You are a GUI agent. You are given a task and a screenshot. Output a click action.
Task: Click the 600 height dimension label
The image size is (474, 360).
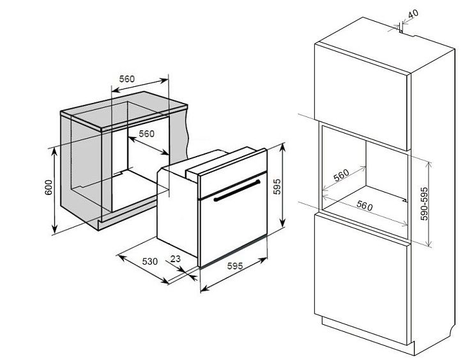[x=49, y=187]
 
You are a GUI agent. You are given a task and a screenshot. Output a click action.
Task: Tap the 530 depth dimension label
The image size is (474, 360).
[x=150, y=261]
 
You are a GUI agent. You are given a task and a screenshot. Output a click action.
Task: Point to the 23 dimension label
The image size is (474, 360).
[x=175, y=259]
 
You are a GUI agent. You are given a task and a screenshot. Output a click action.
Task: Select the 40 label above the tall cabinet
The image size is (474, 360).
[x=413, y=13]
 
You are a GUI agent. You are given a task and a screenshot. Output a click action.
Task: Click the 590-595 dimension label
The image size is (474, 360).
[x=424, y=203]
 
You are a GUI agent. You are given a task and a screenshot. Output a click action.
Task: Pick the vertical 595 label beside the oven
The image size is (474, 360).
[x=277, y=186]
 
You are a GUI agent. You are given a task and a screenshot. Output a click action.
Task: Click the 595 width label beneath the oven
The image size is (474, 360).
[x=235, y=265]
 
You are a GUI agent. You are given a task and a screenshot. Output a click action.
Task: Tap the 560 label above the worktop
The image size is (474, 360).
[x=126, y=79]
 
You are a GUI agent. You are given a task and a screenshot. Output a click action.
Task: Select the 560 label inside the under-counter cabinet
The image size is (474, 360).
[x=147, y=134]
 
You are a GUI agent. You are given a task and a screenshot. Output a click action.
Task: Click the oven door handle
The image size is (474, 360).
[x=237, y=191]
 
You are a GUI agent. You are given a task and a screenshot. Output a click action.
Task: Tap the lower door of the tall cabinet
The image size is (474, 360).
[x=361, y=279]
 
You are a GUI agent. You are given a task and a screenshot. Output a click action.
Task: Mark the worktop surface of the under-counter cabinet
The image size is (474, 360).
[x=124, y=107]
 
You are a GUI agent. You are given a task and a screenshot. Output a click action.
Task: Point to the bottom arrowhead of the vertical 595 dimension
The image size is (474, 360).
[x=282, y=223]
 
